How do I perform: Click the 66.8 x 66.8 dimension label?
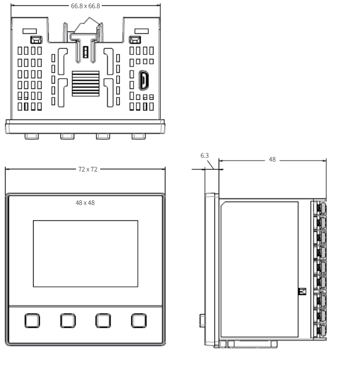tap(86, 6)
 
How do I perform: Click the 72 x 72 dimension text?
tap(88, 169)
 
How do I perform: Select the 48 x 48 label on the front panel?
tap(85, 203)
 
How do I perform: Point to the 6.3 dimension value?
tap(205, 155)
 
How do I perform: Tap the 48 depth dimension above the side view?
tap(272, 160)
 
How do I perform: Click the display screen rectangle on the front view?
tap(86, 254)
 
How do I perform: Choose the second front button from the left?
tap(68, 321)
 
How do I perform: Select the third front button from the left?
tap(103, 321)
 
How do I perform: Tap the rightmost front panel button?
tap(139, 321)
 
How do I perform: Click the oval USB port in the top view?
tap(143, 80)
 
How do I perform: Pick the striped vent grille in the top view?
tap(86, 83)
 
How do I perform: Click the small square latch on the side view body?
tap(302, 291)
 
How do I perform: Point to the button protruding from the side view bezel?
tap(202, 321)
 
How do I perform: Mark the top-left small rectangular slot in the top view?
tap(30, 31)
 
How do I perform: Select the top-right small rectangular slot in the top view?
tap(141, 31)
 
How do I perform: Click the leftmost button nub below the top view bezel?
tap(32, 137)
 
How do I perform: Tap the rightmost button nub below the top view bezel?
tap(139, 137)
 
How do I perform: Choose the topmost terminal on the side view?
tap(319, 208)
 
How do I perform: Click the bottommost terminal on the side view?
tap(319, 330)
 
